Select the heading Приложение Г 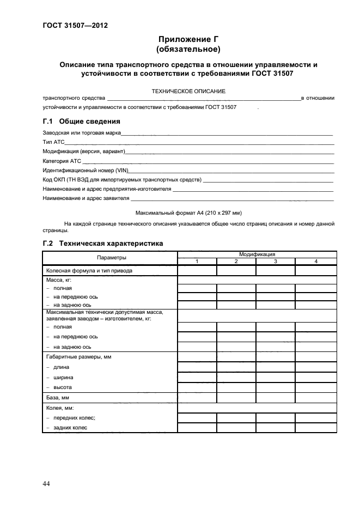188,39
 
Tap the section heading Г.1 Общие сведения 81,122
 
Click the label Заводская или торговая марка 82,132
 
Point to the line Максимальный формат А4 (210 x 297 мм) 188,212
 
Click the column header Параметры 112,257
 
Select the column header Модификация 257,254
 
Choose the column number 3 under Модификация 276,262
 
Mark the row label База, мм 58,398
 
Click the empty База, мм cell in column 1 197,398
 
